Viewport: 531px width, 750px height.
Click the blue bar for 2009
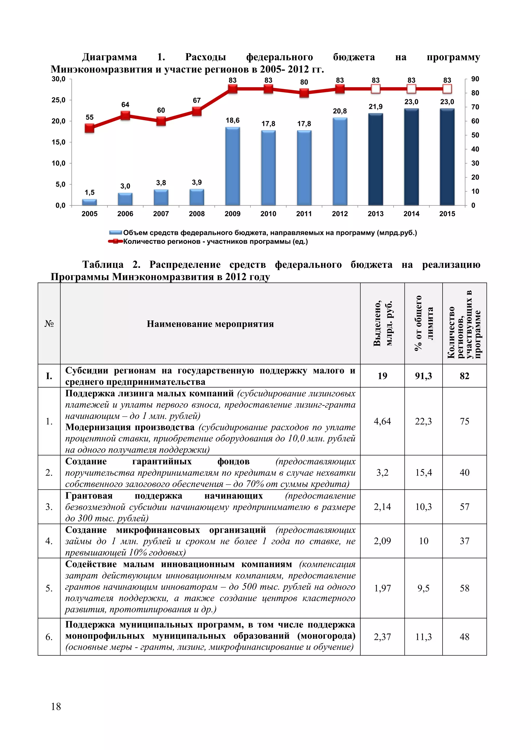[x=233, y=166]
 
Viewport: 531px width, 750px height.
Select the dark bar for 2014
[x=411, y=157]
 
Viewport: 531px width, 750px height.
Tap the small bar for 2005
[x=89, y=202]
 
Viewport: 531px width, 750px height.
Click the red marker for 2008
[x=197, y=112]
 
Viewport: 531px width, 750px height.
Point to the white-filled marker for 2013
[x=376, y=89]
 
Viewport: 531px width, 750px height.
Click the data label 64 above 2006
[x=125, y=105]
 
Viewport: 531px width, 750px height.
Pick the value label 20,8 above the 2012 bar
[x=340, y=111]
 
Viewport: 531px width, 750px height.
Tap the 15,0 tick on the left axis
[x=59, y=142]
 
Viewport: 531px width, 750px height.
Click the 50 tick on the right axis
[x=475, y=135]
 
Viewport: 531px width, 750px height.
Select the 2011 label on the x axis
[x=304, y=214]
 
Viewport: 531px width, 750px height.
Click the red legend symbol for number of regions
[x=115, y=241]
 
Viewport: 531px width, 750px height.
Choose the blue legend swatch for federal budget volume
[x=115, y=233]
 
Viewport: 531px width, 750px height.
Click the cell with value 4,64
[x=382, y=421]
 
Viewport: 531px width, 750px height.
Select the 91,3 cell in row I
[x=423, y=376]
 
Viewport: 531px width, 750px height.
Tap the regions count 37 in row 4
[x=464, y=541]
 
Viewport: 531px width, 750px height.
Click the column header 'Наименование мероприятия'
[x=210, y=324]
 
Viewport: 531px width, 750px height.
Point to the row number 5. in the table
[x=49, y=588]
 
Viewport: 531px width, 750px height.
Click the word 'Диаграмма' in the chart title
[x=109, y=57]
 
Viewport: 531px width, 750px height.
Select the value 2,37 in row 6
[x=382, y=637]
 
